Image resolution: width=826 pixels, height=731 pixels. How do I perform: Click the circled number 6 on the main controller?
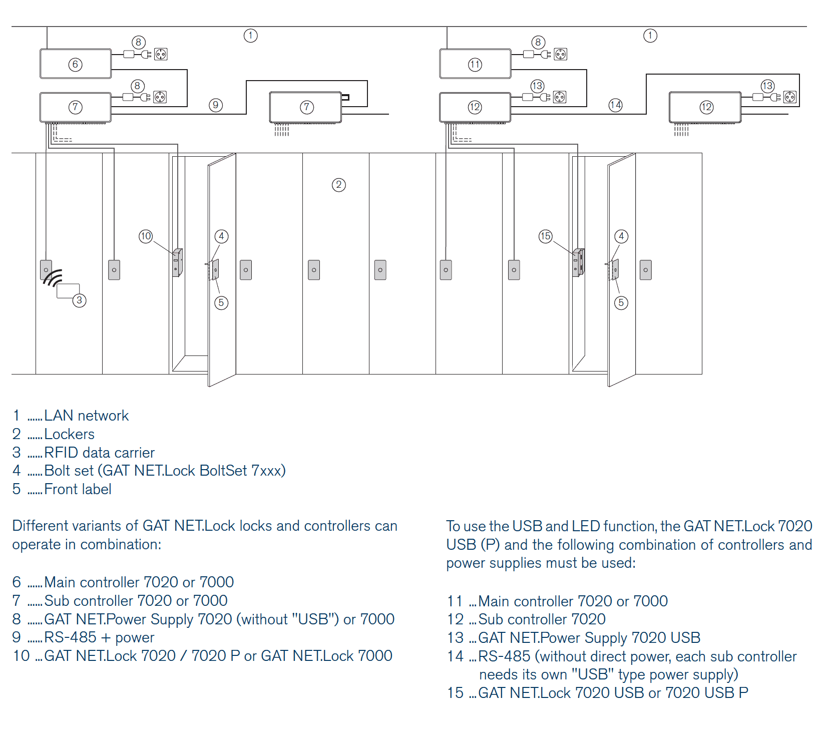pos(75,64)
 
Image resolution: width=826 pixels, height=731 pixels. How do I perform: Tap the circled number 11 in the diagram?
pos(475,64)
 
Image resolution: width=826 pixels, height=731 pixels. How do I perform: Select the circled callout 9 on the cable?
pos(216,105)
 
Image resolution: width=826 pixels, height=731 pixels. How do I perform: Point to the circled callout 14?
pos(615,105)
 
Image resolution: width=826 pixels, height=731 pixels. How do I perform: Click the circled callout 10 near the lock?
pos(146,236)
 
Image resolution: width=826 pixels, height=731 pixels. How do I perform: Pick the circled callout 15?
pos(546,236)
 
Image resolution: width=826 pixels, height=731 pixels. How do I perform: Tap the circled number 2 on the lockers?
pos(339,185)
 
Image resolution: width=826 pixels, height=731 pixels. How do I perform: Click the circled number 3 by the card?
pos(79,300)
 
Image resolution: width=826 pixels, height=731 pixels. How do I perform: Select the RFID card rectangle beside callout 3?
pos(68,291)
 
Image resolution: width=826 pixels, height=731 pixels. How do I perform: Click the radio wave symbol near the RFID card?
pos(53,278)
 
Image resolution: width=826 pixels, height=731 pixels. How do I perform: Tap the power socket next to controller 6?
pos(161,54)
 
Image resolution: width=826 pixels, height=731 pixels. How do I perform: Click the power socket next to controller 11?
pos(561,54)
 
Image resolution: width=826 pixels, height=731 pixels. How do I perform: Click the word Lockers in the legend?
pos(70,434)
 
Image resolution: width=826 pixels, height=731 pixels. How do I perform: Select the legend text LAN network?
pos(87,416)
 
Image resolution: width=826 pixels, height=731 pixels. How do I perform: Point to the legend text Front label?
pos(78,489)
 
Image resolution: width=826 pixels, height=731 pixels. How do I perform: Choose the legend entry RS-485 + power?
pos(99,637)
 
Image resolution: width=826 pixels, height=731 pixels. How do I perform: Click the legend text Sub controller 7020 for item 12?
pos(542,619)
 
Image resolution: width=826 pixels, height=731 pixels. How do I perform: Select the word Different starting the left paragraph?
pos(40,526)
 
